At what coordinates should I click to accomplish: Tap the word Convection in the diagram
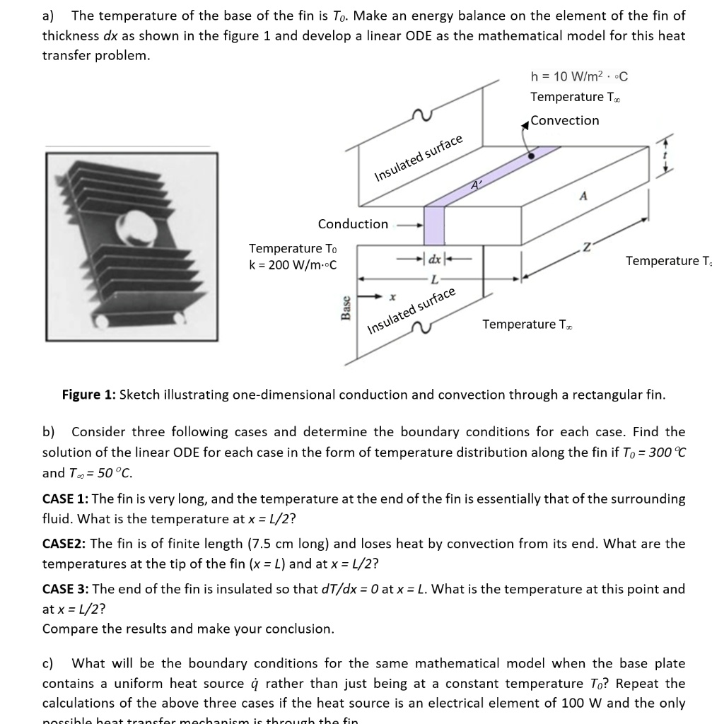(565, 120)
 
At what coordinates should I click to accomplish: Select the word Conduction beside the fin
(353, 224)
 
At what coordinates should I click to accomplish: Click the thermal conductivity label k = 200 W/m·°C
(293, 266)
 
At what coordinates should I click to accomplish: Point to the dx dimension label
(433, 259)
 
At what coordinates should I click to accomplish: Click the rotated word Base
(346, 308)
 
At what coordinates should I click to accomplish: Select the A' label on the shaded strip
(477, 185)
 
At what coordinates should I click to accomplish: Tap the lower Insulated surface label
(412, 311)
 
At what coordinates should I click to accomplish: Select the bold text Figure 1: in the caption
(89, 395)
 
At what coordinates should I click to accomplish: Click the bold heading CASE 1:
(65, 499)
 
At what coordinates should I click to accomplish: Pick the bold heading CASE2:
(64, 544)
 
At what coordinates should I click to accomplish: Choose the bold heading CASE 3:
(66, 589)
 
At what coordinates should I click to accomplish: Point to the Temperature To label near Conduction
(293, 248)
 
